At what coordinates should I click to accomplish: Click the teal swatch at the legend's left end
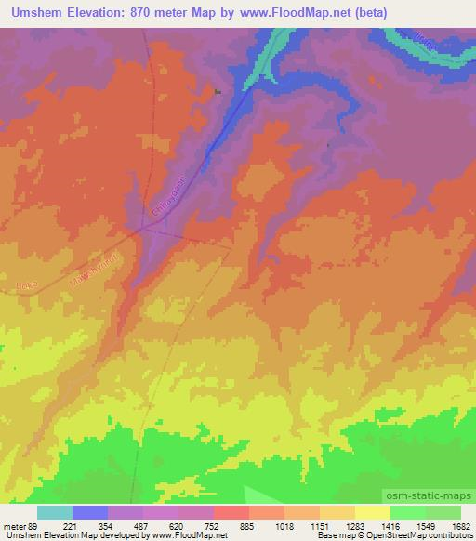[x=55, y=512]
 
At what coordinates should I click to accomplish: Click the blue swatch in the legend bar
[x=90, y=512]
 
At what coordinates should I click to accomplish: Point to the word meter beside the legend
[x=14, y=525]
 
